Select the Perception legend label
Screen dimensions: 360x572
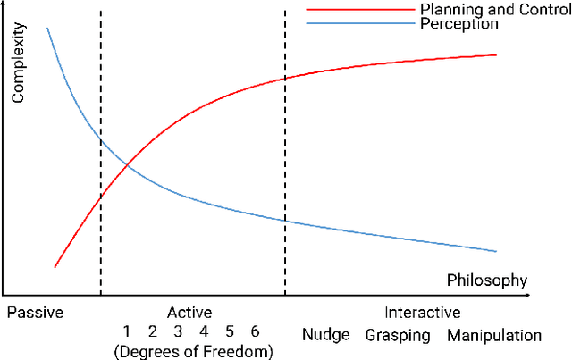(458, 24)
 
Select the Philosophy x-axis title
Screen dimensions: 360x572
(487, 280)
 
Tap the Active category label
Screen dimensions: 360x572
(189, 313)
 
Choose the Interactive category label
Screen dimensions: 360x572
(422, 313)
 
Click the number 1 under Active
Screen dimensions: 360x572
(127, 332)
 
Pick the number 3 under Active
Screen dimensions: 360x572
(178, 332)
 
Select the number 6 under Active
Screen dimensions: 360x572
(255, 332)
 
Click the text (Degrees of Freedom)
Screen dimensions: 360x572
(193, 351)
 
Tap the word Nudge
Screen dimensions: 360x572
(325, 336)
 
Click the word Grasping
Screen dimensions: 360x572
(398, 336)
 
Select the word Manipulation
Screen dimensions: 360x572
(494, 336)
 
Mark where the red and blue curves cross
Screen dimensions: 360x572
(128, 164)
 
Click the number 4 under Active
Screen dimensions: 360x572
(204, 332)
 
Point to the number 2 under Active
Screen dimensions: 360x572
(153, 332)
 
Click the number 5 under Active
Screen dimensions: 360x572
(230, 332)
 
